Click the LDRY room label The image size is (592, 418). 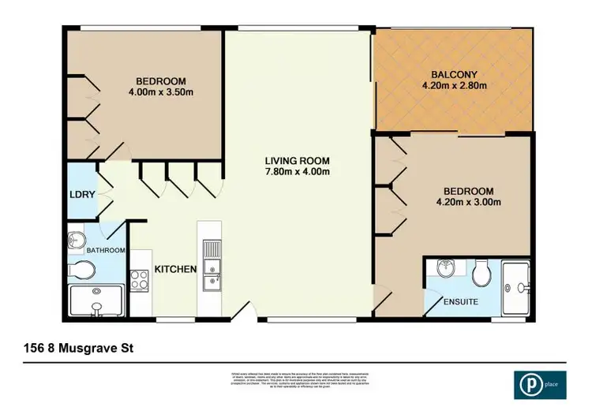tap(77, 193)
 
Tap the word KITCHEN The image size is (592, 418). tap(176, 269)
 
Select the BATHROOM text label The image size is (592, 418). tap(106, 251)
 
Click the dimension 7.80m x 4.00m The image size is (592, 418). tap(297, 172)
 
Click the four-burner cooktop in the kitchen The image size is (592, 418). tap(139, 278)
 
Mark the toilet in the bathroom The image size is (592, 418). tap(81, 271)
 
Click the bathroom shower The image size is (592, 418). tap(96, 301)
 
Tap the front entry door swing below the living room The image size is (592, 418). tap(246, 312)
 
